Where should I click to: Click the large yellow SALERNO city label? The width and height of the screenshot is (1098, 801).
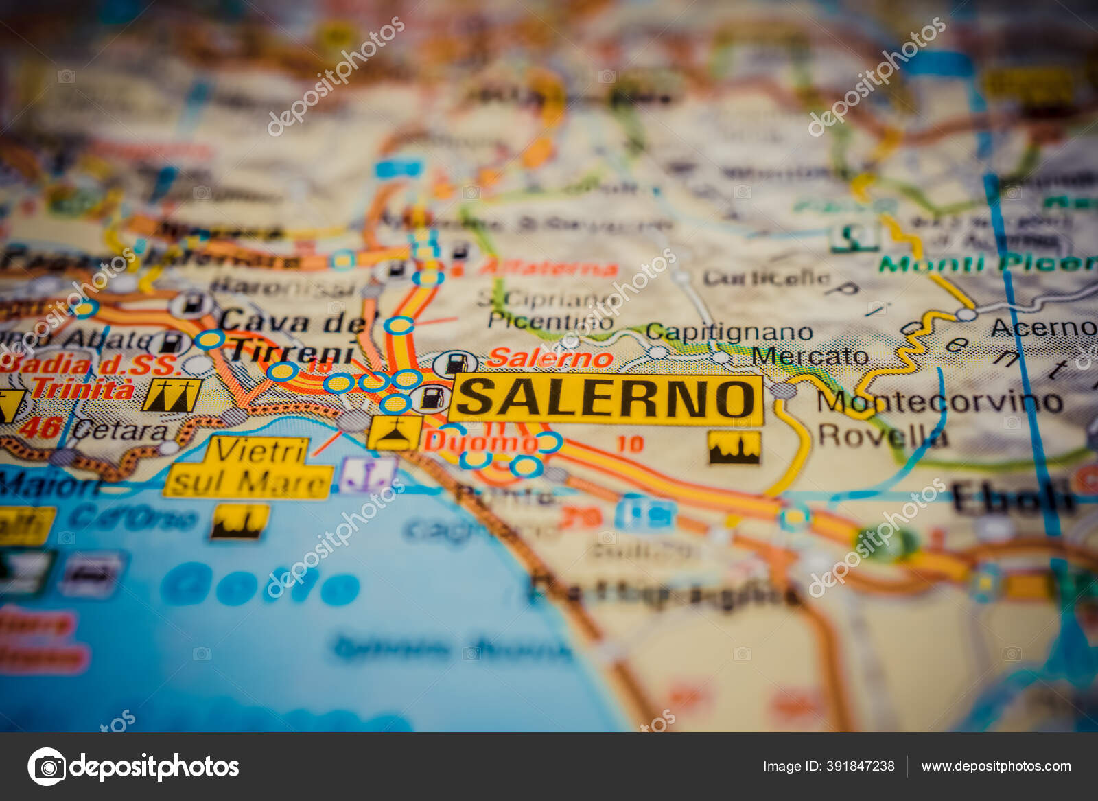click(606, 399)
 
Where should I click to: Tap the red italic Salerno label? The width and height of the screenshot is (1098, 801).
click(550, 358)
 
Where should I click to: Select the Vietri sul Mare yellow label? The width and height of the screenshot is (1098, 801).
click(249, 467)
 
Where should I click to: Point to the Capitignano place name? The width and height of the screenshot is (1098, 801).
click(729, 332)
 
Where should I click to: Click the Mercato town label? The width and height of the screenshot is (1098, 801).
click(810, 356)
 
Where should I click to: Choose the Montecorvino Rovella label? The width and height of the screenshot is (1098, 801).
click(939, 418)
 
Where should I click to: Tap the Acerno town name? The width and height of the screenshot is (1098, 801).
click(1043, 328)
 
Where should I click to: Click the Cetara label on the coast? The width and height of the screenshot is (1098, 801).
click(119, 431)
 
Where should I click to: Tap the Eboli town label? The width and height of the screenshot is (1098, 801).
click(1012, 498)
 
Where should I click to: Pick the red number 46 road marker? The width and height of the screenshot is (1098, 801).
click(40, 428)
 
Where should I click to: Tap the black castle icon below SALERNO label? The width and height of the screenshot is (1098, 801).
click(734, 448)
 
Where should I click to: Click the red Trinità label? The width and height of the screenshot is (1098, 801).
click(83, 389)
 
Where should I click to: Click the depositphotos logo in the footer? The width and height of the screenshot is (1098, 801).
click(133, 766)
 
